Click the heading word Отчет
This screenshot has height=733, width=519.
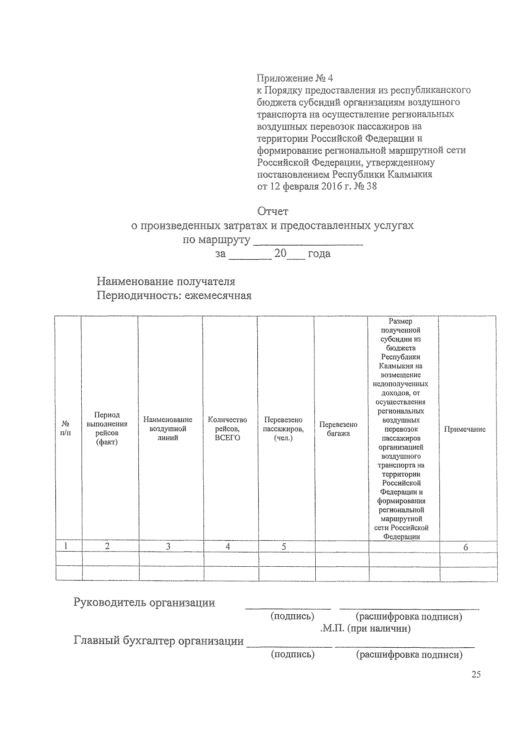click(272, 212)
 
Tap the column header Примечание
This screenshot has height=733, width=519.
click(465, 429)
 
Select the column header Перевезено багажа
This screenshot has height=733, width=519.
click(338, 429)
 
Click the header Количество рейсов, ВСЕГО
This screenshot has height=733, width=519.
click(227, 429)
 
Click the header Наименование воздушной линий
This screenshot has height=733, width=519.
click(168, 429)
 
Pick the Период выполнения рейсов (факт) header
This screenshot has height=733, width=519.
click(107, 429)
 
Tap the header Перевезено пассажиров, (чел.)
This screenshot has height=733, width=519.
click(283, 429)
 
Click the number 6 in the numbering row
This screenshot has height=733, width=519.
click(466, 547)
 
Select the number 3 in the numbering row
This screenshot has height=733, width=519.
click(168, 547)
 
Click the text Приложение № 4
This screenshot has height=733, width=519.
click(295, 78)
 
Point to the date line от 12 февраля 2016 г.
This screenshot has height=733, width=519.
click(317, 187)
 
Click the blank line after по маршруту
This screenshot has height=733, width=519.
click(308, 241)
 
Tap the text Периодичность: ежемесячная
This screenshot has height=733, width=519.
click(174, 296)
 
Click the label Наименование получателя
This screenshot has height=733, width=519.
click(166, 281)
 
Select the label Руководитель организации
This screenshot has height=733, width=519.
click(144, 603)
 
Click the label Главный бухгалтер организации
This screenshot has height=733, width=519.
click(159, 641)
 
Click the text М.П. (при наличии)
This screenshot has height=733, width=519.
click(366, 628)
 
